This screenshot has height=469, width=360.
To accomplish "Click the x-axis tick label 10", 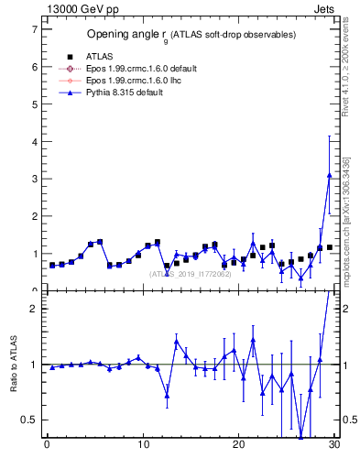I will pyautogui.click(x=143, y=446).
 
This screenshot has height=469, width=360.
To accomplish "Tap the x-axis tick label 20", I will pyautogui.click(x=239, y=446).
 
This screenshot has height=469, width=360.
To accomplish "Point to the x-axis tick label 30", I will pyautogui.click(x=334, y=446).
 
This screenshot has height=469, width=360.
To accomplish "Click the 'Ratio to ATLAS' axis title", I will pyautogui.click(x=13, y=364).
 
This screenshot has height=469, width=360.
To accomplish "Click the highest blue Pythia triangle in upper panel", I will pyautogui.click(x=329, y=175).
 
